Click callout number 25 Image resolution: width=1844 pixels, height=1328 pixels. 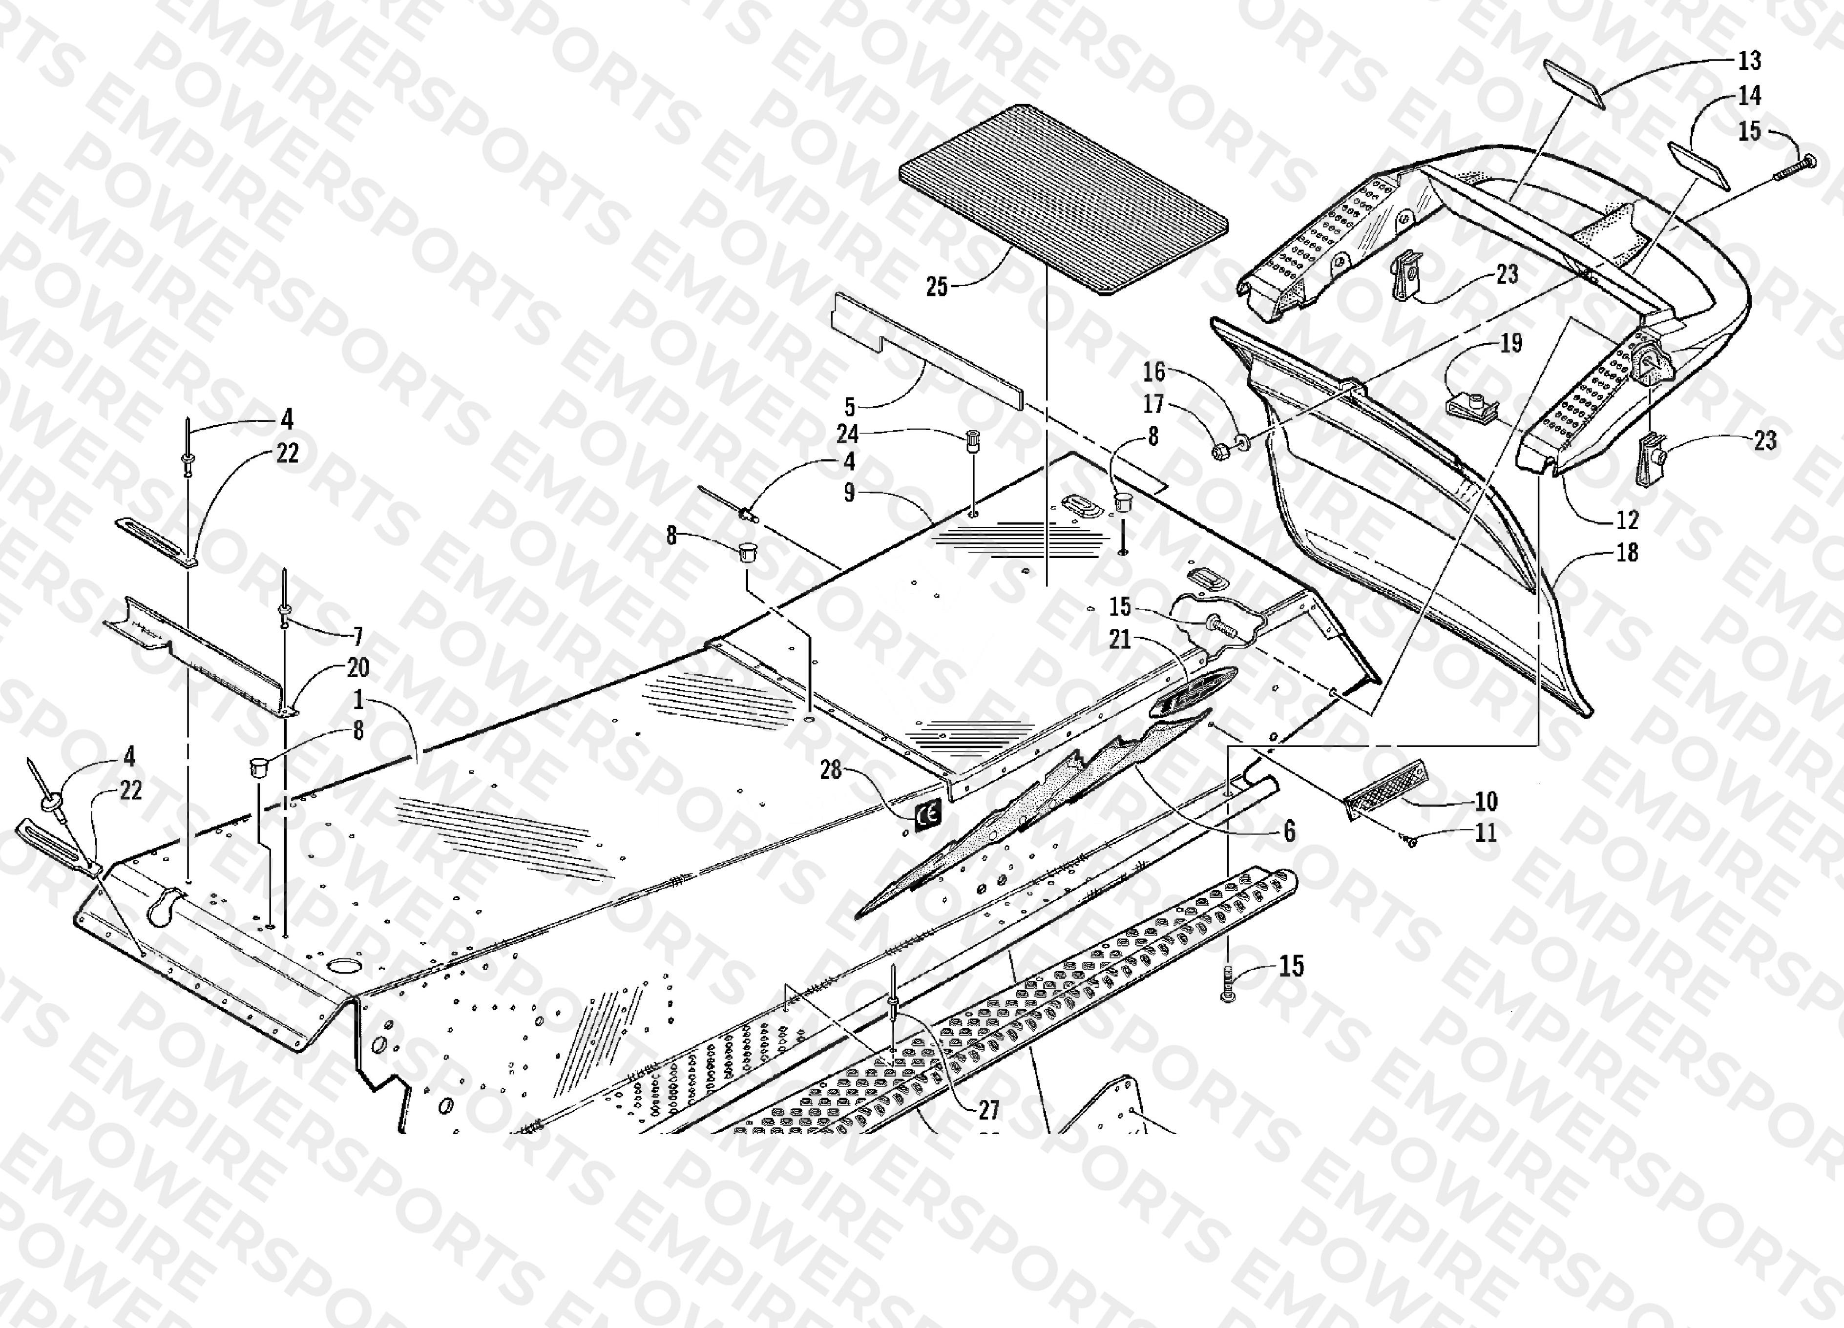(937, 286)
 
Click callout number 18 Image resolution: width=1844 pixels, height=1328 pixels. (1627, 553)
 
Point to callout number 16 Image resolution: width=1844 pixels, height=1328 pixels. (1153, 372)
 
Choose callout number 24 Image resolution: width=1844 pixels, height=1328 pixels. (848, 434)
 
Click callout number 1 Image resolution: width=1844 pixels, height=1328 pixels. (358, 699)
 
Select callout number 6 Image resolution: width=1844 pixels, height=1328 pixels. (1289, 831)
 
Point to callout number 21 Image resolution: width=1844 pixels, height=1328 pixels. (1120, 640)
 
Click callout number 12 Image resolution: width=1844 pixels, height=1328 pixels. (1627, 519)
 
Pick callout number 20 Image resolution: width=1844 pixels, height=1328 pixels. (358, 668)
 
